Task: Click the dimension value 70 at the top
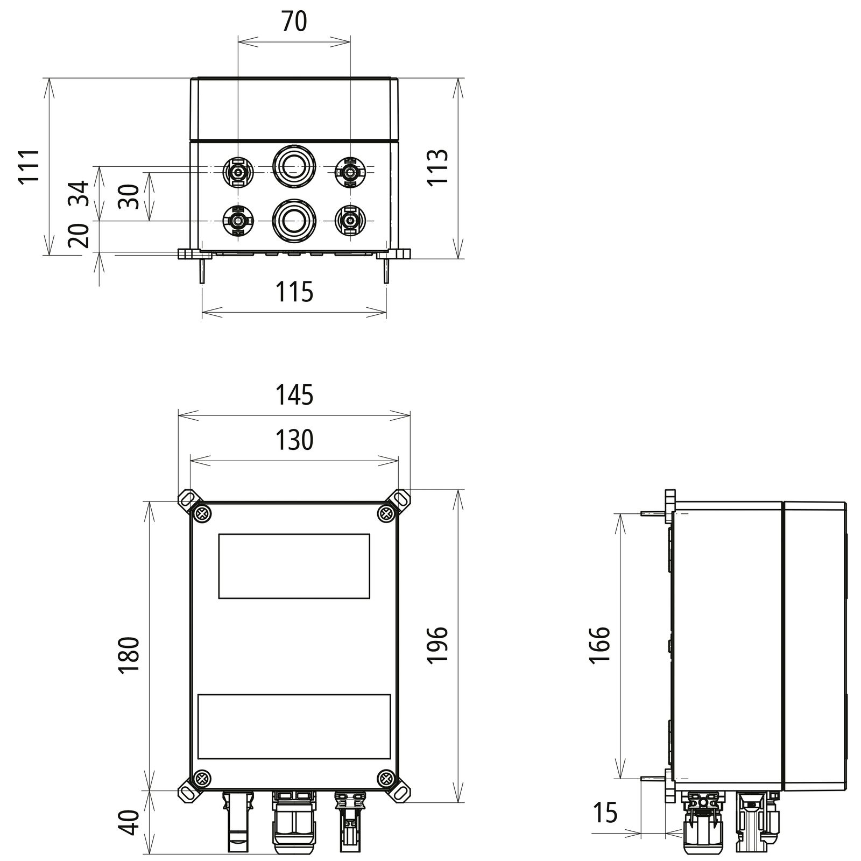[294, 22]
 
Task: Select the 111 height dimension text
[30, 167]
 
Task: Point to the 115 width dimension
[294, 293]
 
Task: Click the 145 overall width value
[294, 396]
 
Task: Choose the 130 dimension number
[294, 440]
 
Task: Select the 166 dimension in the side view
[599, 645]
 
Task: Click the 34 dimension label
[80, 194]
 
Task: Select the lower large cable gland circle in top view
[294, 219]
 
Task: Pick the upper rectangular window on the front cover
[294, 566]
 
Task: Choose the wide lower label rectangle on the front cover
[294, 726]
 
